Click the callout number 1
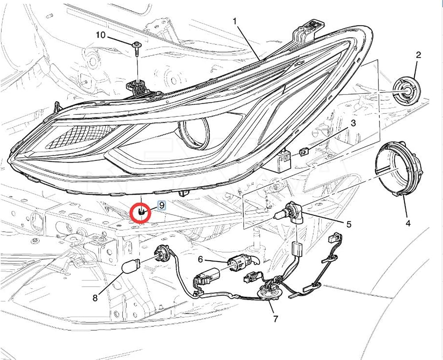coord(234,20)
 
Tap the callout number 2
coord(418,55)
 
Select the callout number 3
coord(353,123)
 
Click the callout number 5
coord(349,225)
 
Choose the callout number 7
coord(276,318)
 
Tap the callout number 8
coord(95,298)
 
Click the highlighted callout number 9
coord(162,205)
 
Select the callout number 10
coord(100,35)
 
